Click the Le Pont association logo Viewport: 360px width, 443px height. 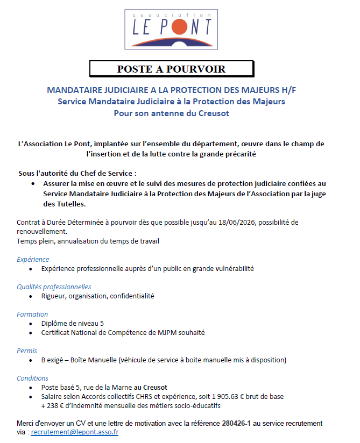point(172,28)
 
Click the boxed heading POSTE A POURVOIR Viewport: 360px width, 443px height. point(171,69)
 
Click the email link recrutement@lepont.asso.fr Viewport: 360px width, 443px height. point(75,432)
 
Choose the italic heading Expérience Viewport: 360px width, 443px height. point(33,259)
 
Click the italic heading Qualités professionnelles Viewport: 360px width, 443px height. point(54,287)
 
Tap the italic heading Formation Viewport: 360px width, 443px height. point(32,314)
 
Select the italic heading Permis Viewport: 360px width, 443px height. point(27,351)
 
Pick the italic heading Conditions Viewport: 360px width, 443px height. point(33,378)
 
